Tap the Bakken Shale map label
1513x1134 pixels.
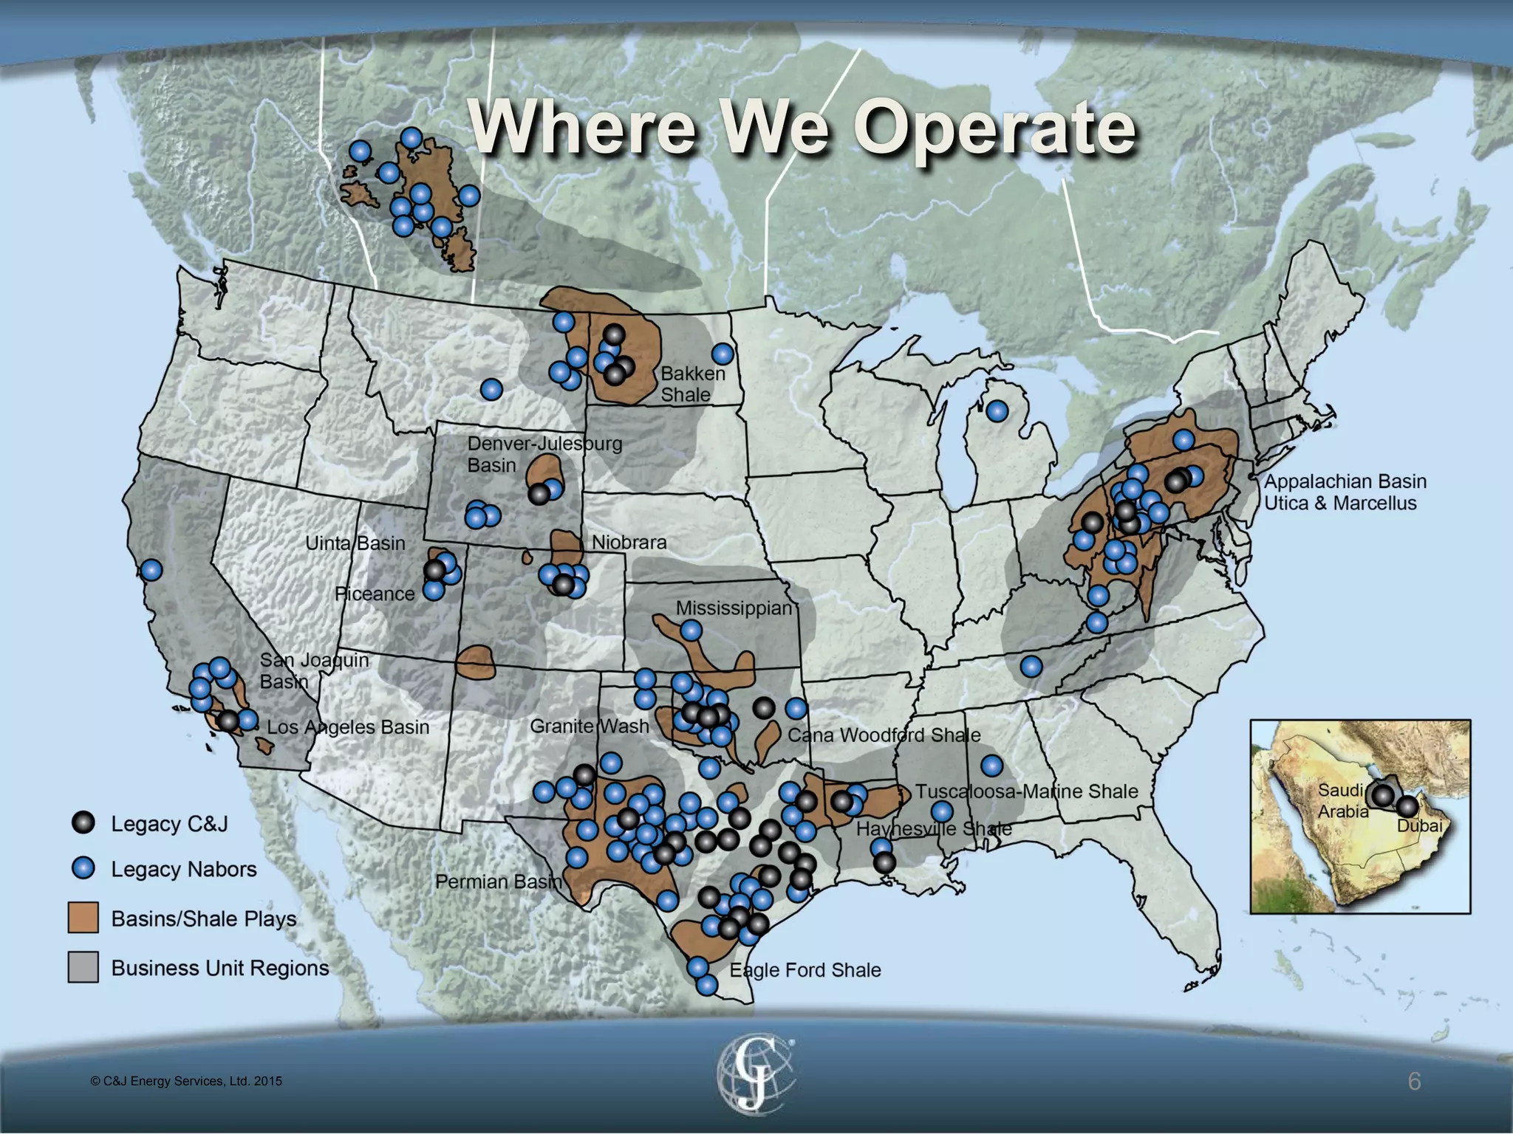pos(692,384)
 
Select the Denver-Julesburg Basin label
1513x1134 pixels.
pos(544,454)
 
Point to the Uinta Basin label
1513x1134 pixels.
pos(355,543)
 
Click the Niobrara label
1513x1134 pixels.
pos(629,543)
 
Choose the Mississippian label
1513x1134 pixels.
pos(734,608)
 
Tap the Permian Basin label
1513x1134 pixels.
pos(499,882)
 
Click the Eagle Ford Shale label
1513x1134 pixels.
pos(805,970)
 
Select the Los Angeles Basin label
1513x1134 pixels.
pos(348,727)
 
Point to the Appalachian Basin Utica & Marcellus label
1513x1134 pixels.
pos(1345,492)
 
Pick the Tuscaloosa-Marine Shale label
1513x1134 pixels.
pos(1027,791)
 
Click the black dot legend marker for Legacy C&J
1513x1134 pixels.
pos(84,823)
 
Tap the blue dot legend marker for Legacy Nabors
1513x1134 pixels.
pos(84,869)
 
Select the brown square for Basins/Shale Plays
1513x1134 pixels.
pos(83,918)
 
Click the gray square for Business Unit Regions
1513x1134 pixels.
pos(83,967)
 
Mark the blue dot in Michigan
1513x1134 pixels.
pos(997,411)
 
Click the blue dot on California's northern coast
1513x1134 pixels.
pos(151,570)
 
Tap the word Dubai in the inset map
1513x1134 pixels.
pos(1419,826)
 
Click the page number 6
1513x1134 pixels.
pos(1414,1082)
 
